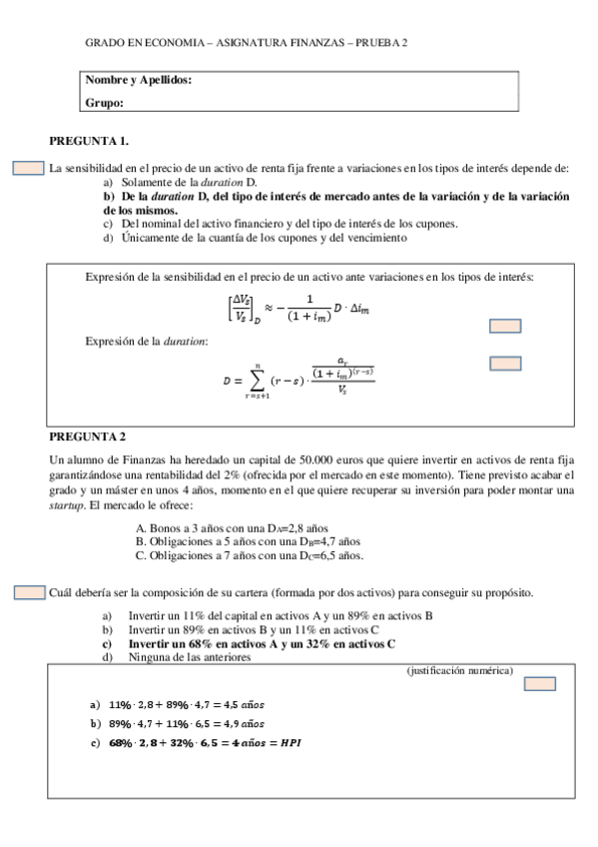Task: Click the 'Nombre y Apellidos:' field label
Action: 139,80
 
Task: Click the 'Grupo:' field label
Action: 105,102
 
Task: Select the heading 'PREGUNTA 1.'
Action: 89,141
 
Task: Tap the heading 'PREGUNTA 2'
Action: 88,436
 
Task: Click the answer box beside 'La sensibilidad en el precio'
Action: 28,168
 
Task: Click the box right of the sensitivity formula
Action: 506,325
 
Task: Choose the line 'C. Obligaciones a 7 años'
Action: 249,555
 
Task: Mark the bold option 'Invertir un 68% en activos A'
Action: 262,644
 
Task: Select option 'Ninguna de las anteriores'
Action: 190,658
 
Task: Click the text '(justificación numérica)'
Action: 460,670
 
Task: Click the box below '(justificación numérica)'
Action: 540,685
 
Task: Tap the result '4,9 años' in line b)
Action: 242,723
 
